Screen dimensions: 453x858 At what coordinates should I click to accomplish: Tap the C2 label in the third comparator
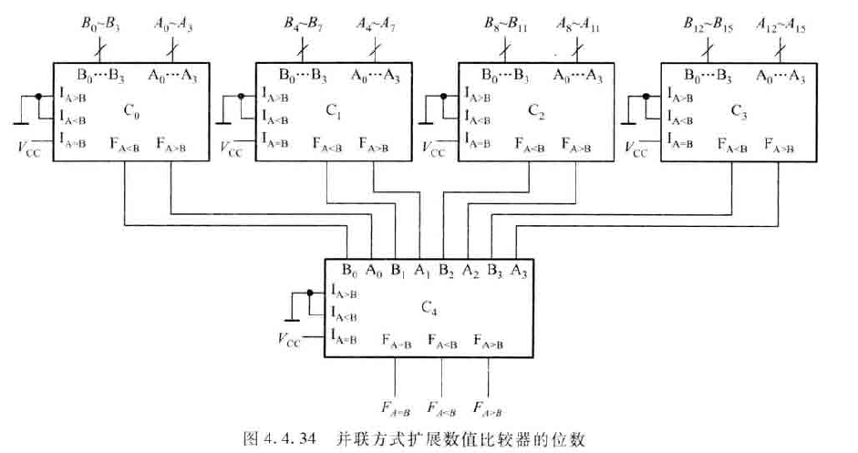(534, 112)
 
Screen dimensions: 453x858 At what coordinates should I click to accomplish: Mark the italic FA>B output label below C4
(490, 405)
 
